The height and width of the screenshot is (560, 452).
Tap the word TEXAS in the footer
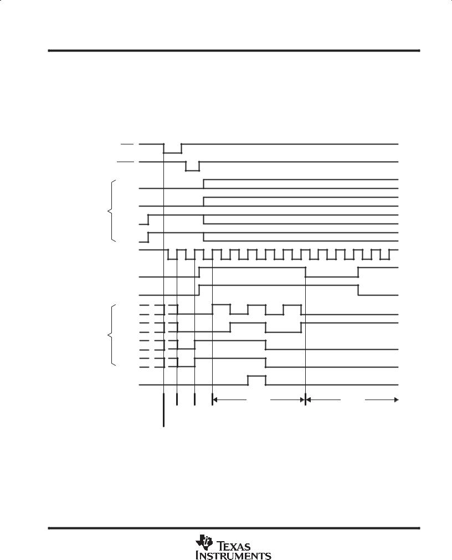click(234, 546)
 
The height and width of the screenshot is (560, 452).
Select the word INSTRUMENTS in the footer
click(233, 556)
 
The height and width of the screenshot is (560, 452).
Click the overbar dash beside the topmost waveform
click(127, 144)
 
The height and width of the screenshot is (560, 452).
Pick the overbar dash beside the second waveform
click(126, 162)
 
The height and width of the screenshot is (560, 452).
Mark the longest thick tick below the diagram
click(163, 410)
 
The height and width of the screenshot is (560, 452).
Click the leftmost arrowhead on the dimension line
click(215, 400)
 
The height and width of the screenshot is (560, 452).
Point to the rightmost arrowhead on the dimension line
click(396, 400)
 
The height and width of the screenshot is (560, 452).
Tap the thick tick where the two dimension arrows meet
click(305, 400)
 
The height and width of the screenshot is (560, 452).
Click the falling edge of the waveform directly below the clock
click(305, 272)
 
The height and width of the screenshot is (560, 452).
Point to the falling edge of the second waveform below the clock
click(358, 290)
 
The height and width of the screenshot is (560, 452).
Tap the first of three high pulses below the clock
click(222, 305)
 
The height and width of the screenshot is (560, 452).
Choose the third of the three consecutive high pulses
click(292, 305)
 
